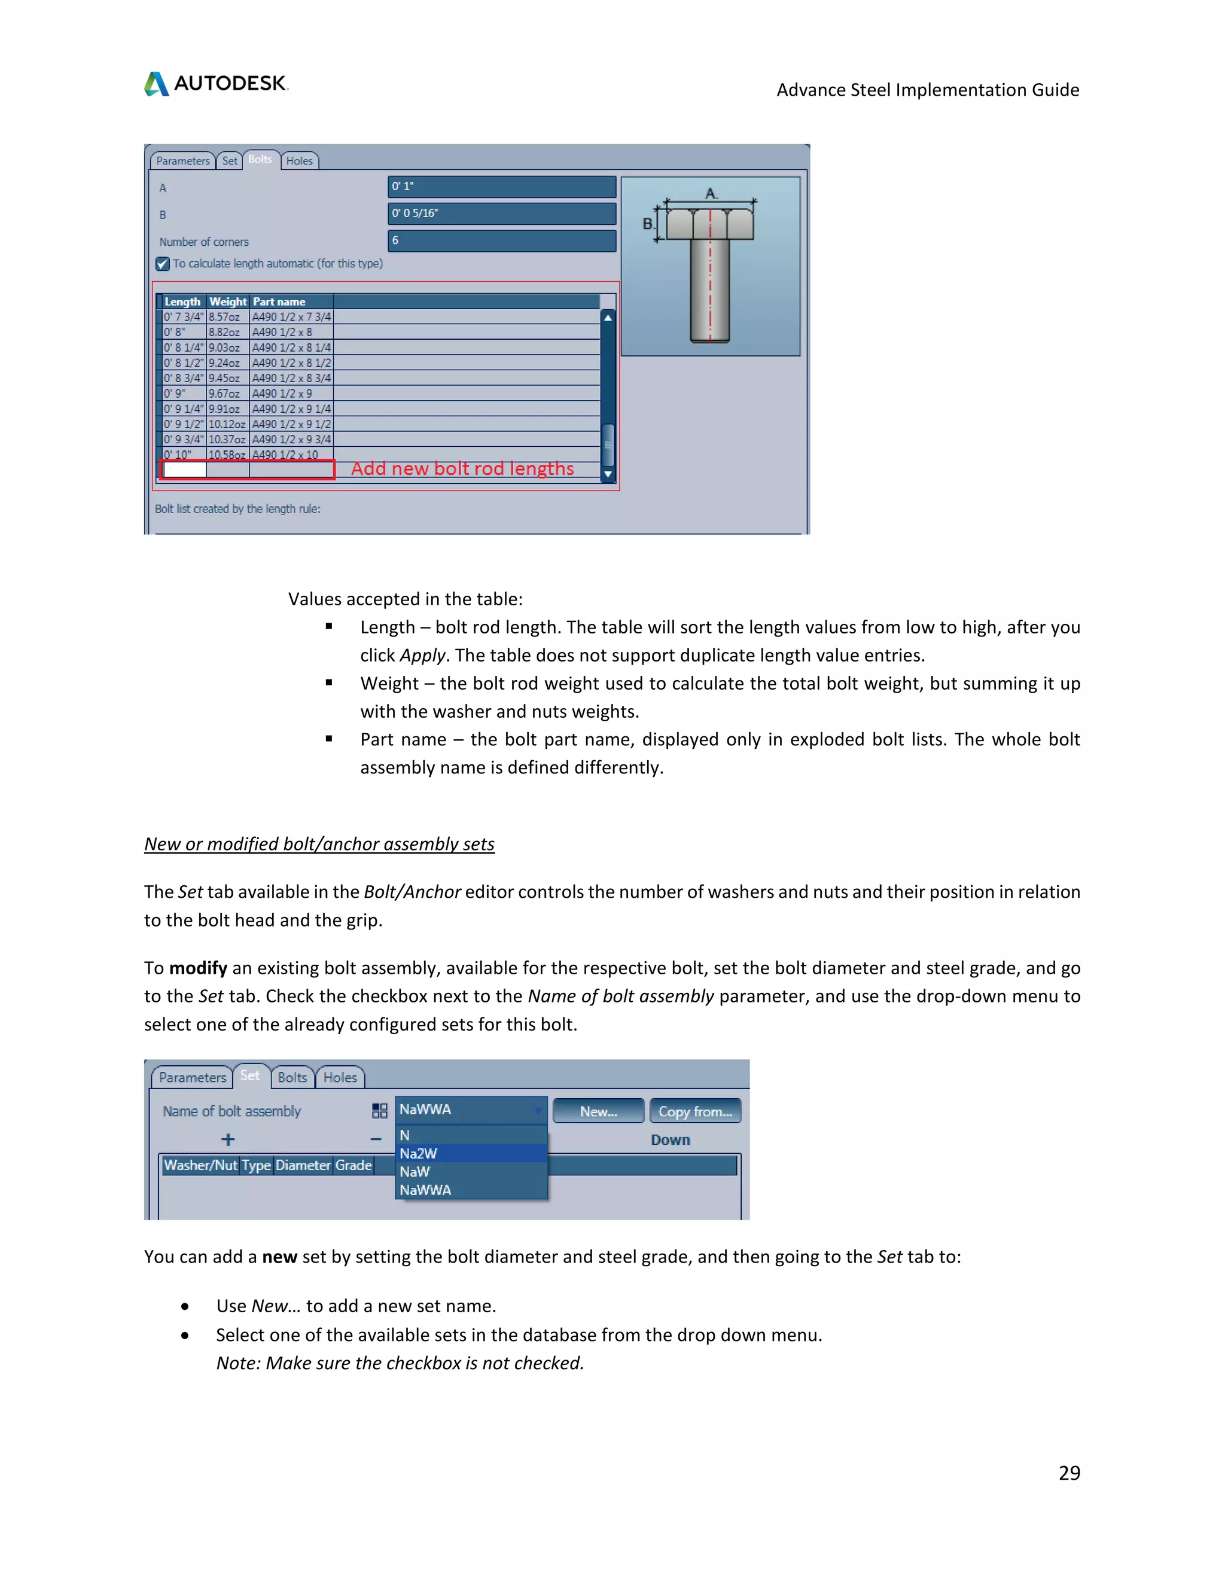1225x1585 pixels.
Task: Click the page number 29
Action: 1068,1473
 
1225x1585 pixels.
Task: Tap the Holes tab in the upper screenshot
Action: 299,160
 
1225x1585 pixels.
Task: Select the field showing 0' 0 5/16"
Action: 501,214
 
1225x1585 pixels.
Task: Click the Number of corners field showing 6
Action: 501,240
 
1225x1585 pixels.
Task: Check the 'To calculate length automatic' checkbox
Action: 163,264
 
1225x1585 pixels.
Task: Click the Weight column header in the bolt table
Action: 228,301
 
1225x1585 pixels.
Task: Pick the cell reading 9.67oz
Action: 224,394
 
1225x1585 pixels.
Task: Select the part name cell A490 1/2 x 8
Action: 282,333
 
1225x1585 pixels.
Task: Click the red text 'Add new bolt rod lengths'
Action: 462,469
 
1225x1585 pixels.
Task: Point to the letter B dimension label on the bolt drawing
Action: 647,224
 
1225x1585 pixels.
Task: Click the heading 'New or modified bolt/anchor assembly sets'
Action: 319,844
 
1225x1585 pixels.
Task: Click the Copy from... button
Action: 694,1111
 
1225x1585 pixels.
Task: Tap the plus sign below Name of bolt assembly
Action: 228,1139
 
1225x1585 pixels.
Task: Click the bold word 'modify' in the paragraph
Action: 198,968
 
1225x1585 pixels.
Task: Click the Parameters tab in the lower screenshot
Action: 193,1078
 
